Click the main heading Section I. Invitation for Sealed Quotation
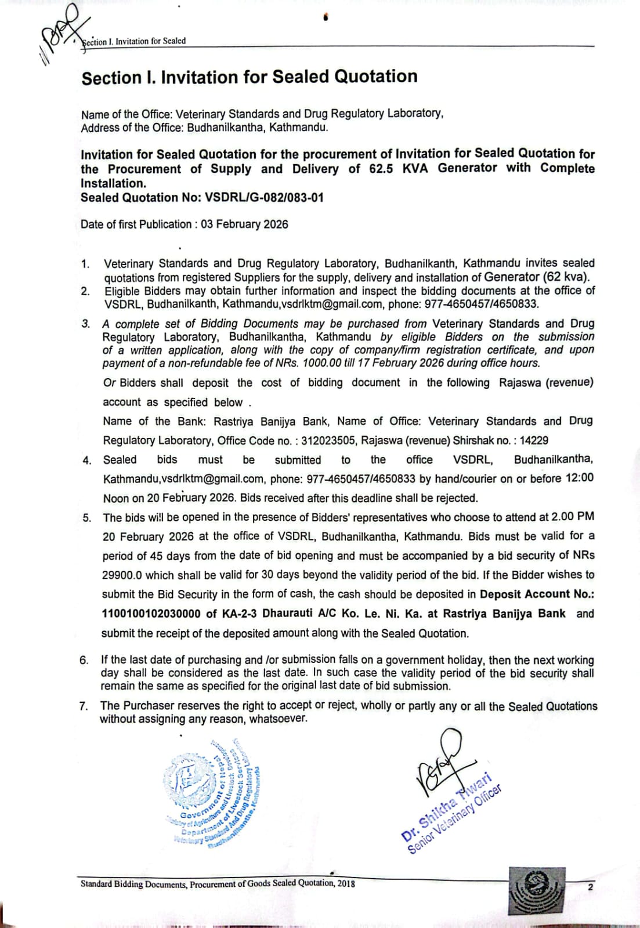pyautogui.click(x=250, y=77)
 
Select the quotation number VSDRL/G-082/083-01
pyautogui.click(x=264, y=198)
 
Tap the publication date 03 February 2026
pyautogui.click(x=244, y=224)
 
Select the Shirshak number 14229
pyautogui.click(x=534, y=441)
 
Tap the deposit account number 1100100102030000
pyautogui.click(x=152, y=614)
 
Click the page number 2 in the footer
pyautogui.click(x=590, y=887)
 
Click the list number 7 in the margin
pyautogui.click(x=84, y=706)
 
